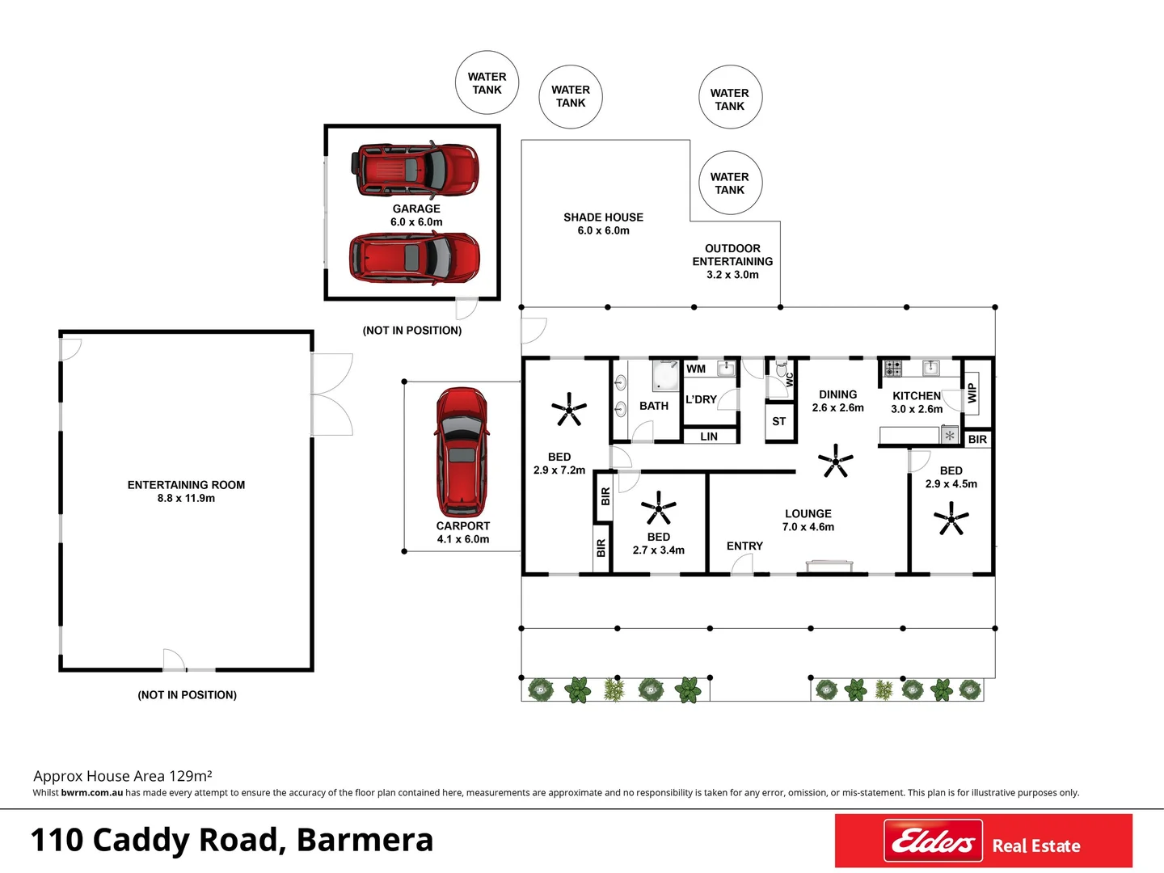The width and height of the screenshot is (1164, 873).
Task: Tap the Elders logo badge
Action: [933, 841]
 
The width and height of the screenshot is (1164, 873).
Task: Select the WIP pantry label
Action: [972, 394]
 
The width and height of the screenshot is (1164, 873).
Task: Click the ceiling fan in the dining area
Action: [835, 462]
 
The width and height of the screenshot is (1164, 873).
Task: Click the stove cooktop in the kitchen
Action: [892, 369]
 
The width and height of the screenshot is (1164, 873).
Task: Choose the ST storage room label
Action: [778, 421]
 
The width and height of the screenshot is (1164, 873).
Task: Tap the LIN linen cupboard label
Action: [709, 436]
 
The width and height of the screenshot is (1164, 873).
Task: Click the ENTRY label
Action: [744, 546]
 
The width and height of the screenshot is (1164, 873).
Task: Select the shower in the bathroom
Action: [666, 375]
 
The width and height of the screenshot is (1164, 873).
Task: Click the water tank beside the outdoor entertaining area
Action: [730, 183]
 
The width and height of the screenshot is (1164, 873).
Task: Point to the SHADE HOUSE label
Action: [603, 217]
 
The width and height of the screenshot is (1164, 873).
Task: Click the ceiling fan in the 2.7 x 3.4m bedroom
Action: [658, 508]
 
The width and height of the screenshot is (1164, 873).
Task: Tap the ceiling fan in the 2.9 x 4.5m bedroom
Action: [951, 518]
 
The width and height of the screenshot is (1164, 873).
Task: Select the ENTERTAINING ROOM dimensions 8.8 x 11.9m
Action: [186, 499]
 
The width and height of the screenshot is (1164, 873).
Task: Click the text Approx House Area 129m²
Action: [123, 776]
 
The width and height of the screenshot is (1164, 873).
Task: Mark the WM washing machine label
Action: [696, 369]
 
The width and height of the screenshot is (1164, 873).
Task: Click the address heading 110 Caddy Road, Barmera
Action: [232, 840]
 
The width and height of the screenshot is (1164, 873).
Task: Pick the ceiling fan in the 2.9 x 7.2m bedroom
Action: [569, 410]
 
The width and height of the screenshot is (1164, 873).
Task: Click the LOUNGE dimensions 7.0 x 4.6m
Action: [808, 527]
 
